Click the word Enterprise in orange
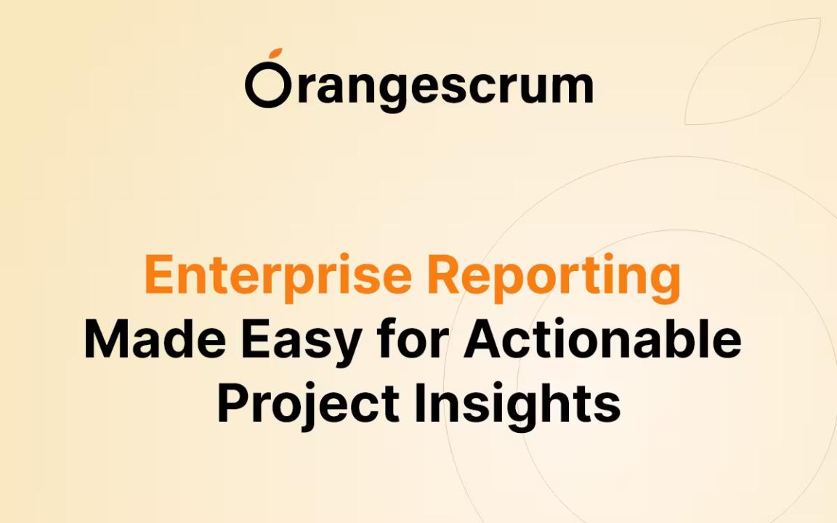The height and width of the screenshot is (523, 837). pyautogui.click(x=278, y=275)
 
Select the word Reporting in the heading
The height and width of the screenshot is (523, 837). pyautogui.click(x=554, y=279)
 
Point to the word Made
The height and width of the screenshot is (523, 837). pyautogui.click(x=155, y=340)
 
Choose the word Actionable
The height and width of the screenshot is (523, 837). pyautogui.click(x=602, y=339)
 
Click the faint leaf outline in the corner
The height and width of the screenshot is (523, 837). pyautogui.click(x=753, y=72)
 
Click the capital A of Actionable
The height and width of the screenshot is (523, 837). pyautogui.click(x=484, y=339)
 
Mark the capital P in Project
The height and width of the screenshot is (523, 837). pyautogui.click(x=233, y=403)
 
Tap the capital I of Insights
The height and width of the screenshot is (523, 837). pyautogui.click(x=420, y=403)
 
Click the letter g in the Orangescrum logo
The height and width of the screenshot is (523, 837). pyautogui.click(x=389, y=91)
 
